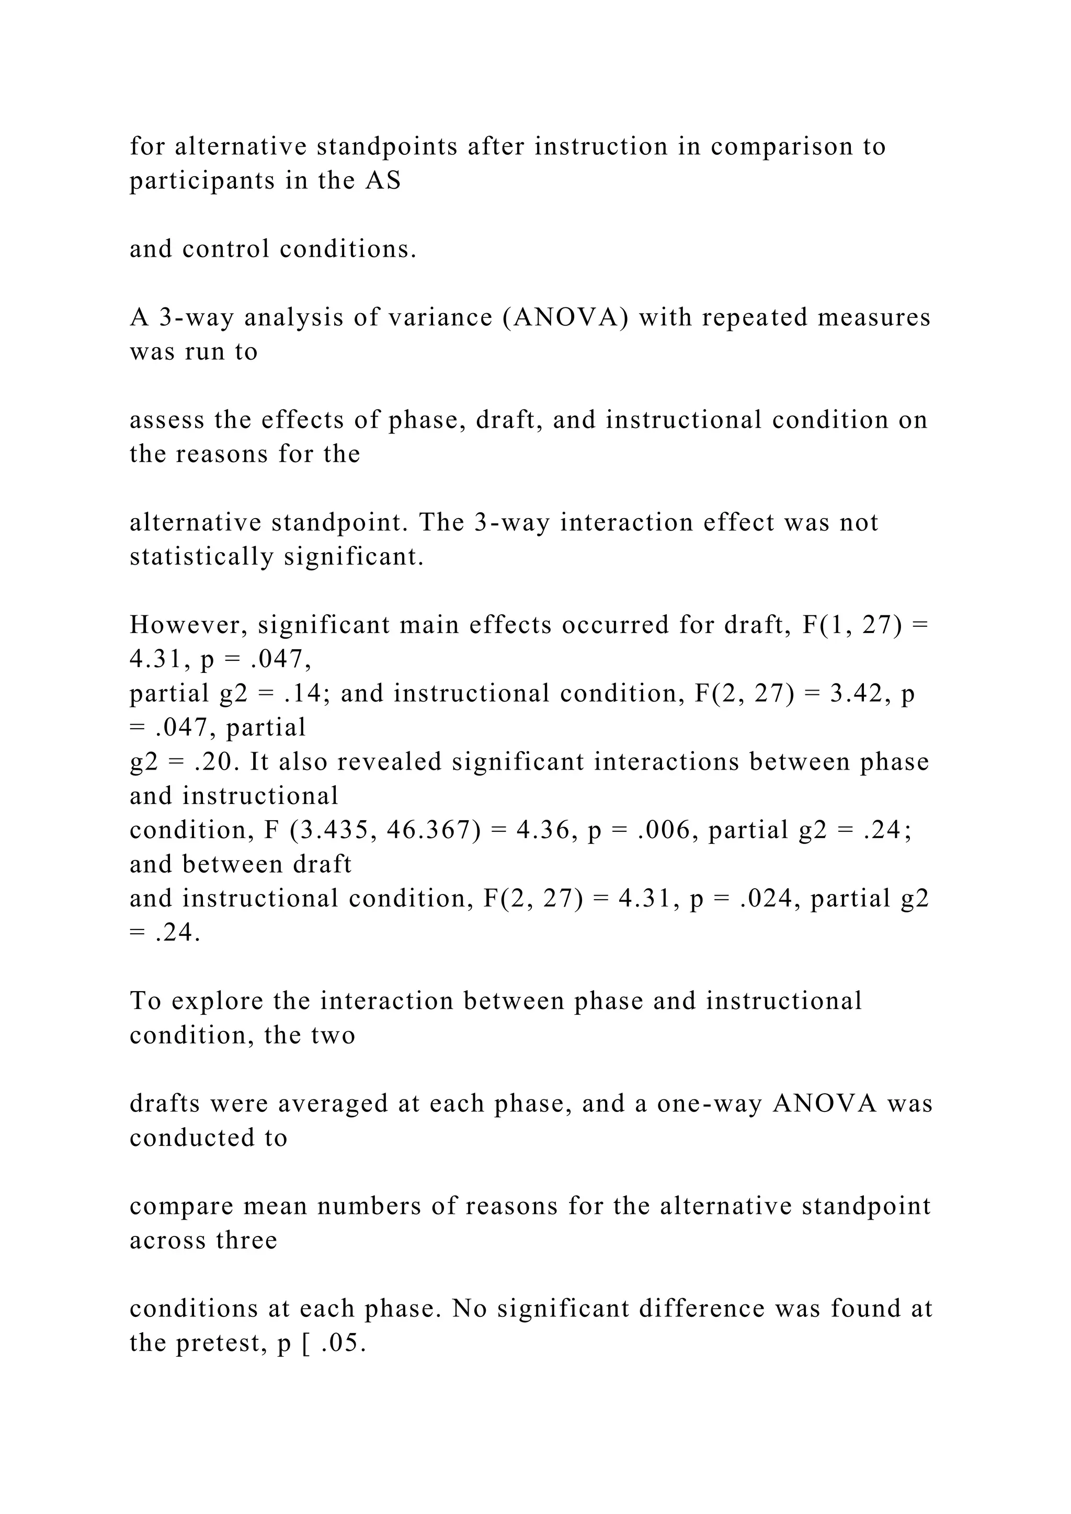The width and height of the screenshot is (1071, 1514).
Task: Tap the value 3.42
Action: click(x=856, y=694)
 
